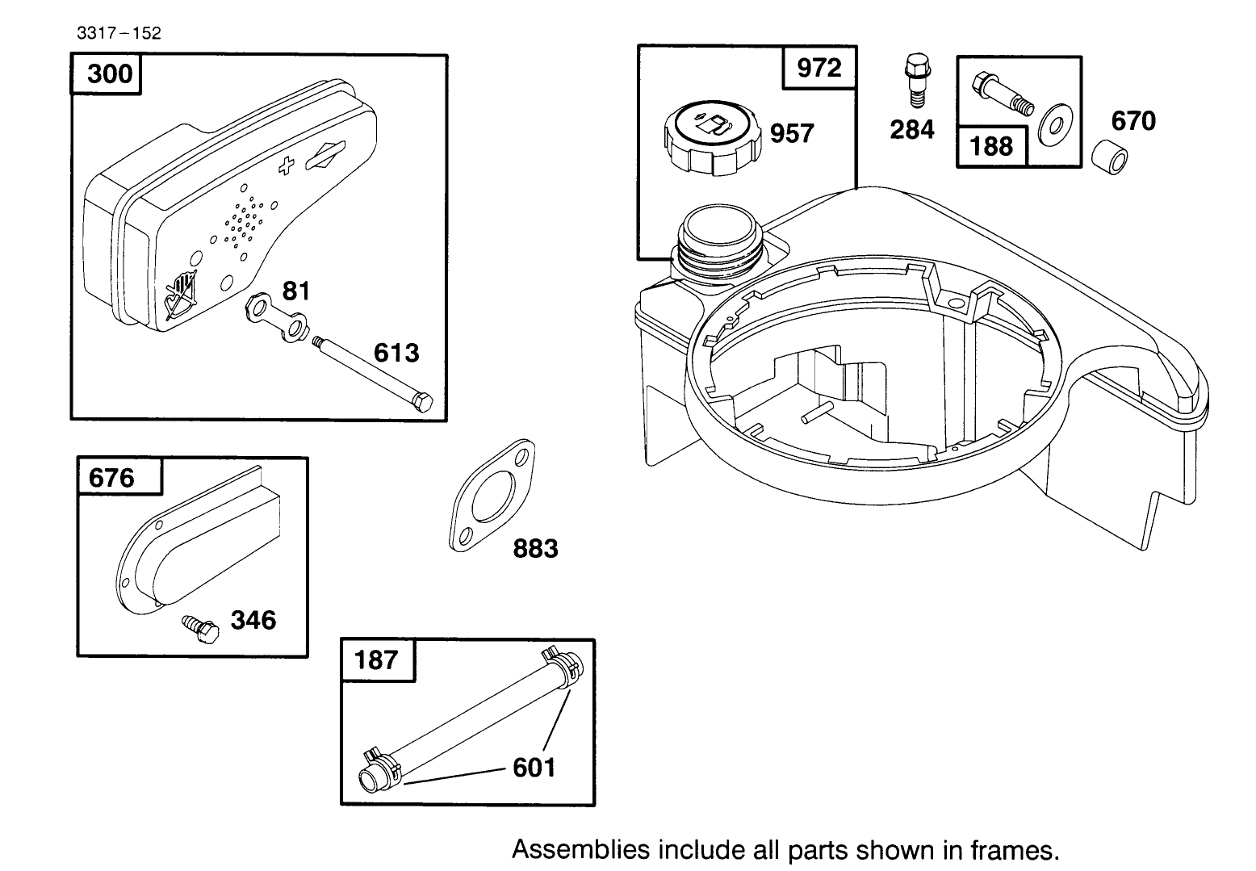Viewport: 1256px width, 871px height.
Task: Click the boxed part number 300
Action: tap(107, 74)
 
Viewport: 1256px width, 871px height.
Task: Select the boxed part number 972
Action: tap(818, 68)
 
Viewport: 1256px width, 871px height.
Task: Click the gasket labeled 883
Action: tap(491, 497)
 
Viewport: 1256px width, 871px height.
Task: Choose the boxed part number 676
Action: tap(112, 478)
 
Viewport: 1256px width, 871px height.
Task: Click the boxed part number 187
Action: tap(377, 660)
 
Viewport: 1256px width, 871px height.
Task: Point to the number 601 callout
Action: tap(534, 767)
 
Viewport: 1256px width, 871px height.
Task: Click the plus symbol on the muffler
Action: tap(285, 166)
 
